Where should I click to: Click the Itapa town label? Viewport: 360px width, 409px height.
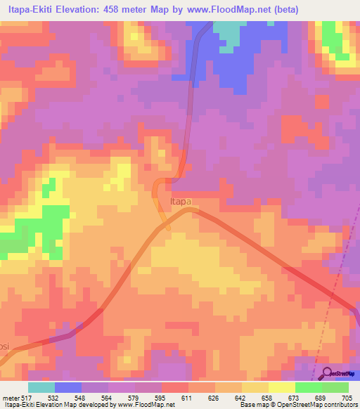[181, 202]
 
